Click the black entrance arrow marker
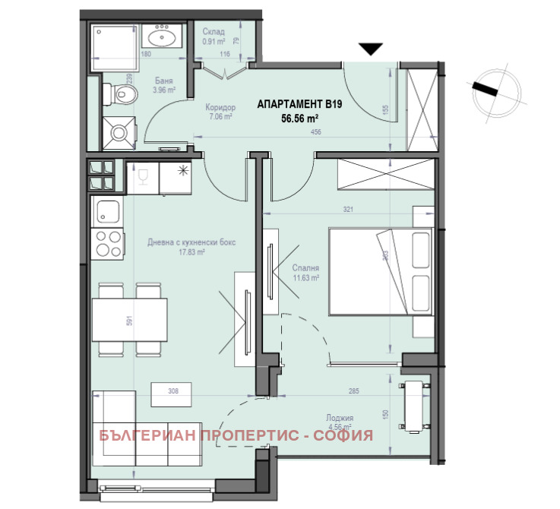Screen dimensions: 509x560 click(x=370, y=49)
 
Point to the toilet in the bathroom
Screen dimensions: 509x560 click(x=125, y=94)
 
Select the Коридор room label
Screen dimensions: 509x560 click(x=220, y=108)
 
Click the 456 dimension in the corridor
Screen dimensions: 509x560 click(x=316, y=133)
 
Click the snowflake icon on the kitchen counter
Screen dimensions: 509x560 click(x=182, y=169)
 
